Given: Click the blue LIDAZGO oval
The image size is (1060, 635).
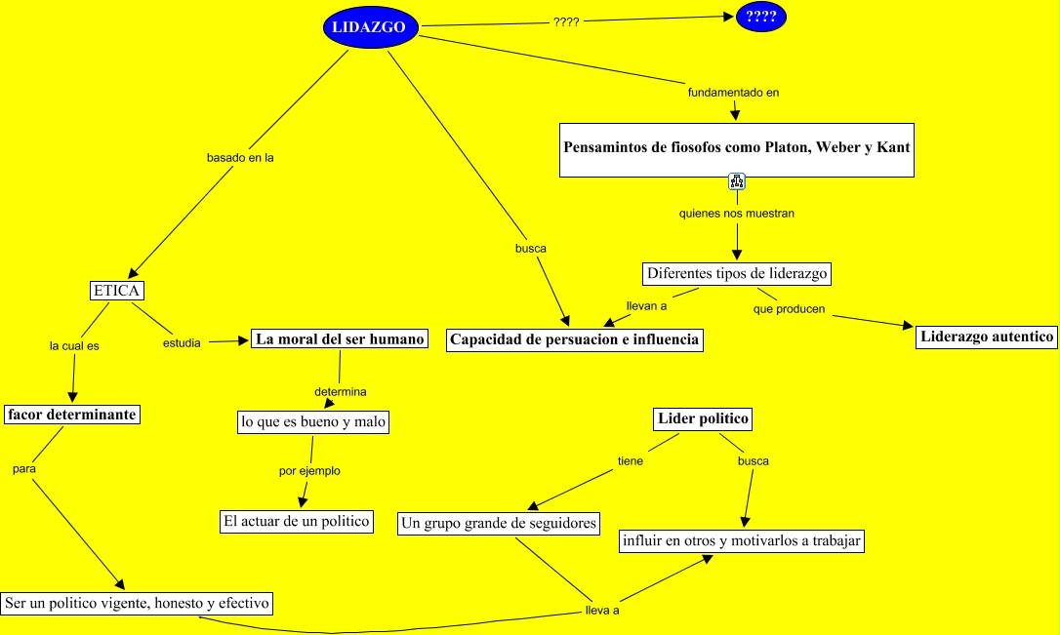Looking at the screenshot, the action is coord(371,27).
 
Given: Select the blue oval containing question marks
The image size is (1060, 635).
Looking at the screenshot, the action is coord(761,17).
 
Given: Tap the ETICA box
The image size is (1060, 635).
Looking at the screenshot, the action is coord(117,291).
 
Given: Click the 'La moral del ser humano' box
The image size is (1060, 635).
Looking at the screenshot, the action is coord(340,338).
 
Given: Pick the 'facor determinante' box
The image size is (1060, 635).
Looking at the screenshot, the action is coord(71,415).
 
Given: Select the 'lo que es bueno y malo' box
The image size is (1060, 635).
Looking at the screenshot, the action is coord(313,422).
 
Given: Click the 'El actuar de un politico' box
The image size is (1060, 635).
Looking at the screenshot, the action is coord(297,522).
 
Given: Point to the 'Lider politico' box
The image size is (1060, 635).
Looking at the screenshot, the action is coord(703,418).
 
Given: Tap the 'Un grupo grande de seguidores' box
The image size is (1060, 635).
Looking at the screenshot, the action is coord(499,524).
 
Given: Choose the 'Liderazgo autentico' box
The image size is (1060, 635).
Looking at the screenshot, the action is coord(987,337).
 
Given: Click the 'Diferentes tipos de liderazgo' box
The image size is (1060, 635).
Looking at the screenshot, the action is coord(737,273).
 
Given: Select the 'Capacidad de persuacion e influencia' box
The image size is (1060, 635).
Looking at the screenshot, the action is coord(575,339).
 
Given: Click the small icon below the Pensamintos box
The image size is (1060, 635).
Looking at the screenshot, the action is coord(737,181).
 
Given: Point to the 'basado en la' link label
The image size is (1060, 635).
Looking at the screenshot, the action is coord(240,157).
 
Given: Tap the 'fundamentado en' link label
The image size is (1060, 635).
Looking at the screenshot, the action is coord(733,93).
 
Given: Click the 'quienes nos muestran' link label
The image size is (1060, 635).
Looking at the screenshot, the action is coord(737,214).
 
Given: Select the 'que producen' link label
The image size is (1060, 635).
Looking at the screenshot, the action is coord(789,308).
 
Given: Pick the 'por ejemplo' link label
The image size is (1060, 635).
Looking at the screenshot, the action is coord(309,471).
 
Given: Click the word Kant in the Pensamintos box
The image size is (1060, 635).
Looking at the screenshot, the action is coord(893,147).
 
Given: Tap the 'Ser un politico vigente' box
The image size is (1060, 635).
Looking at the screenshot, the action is coord(138,603).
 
